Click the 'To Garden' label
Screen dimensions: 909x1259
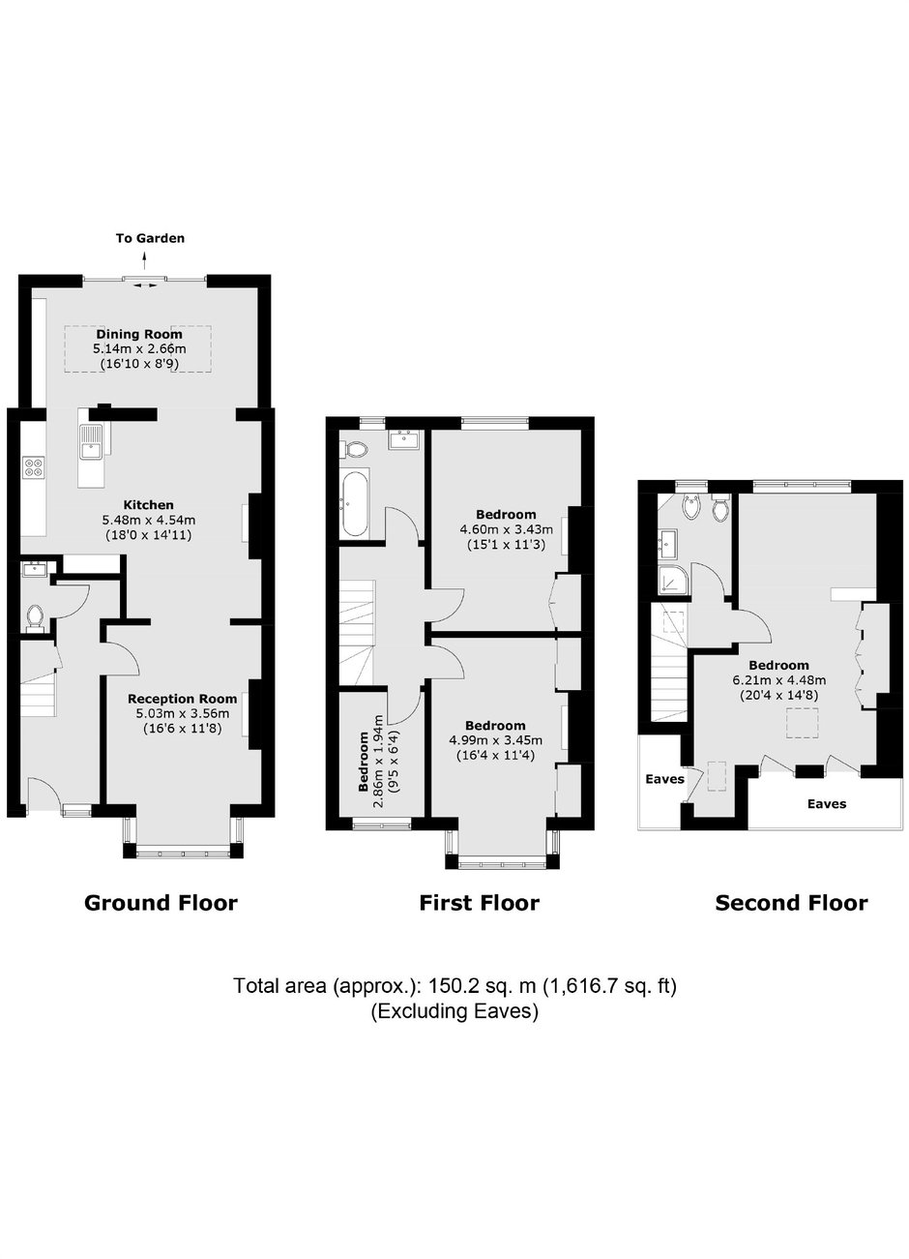coord(150,238)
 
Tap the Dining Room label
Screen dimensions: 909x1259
coord(139,335)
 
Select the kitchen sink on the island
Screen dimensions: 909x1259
coord(90,442)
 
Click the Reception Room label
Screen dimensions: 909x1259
coord(182,699)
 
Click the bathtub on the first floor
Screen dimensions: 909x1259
coord(356,502)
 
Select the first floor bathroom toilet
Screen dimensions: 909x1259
coord(354,448)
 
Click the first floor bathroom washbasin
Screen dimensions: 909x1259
coord(403,439)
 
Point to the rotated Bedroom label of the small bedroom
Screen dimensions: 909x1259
coord(365,762)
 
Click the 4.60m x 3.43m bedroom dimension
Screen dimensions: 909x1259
coord(506,529)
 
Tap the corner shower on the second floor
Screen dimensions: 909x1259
coord(670,579)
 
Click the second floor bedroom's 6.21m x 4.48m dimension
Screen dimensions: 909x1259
coord(778,679)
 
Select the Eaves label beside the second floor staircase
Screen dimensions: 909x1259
coord(664,779)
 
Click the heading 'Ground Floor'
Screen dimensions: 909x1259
coord(161,903)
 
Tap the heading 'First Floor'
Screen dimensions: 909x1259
coord(480,903)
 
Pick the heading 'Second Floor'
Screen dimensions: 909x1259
coord(792,903)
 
